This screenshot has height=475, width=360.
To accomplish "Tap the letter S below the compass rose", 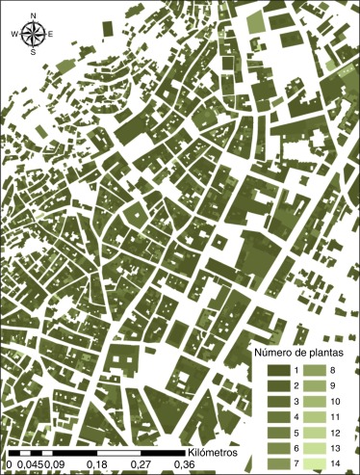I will pos(33,53).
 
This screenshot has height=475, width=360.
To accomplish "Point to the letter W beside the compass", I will pos(14,35).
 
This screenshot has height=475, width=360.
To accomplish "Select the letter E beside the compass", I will pos(51,35).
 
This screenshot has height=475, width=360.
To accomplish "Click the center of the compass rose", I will pos(33,35).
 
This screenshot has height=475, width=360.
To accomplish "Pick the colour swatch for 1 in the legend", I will pos(277,371).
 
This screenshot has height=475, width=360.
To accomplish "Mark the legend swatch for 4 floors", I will pos(277,418).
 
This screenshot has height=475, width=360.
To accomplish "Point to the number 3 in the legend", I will pos(296,403).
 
